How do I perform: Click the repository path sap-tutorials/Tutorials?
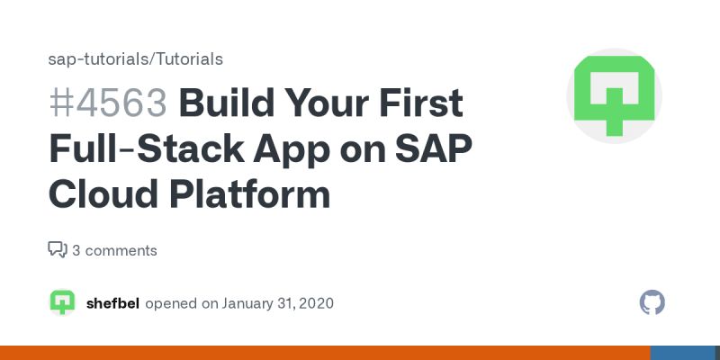click(x=135, y=59)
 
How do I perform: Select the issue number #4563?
click(x=108, y=104)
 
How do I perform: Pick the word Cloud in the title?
click(x=98, y=194)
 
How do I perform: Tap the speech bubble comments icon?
click(x=58, y=249)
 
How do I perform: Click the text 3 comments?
click(x=114, y=250)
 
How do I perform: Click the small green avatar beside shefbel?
click(x=62, y=302)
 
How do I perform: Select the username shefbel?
click(x=112, y=303)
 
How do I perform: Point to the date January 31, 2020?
click(x=278, y=303)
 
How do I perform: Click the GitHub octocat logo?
click(x=652, y=302)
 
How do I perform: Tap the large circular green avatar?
click(x=614, y=96)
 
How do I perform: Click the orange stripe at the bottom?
click(x=324, y=353)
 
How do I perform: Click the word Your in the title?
click(x=330, y=104)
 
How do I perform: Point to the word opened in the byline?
click(x=171, y=303)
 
